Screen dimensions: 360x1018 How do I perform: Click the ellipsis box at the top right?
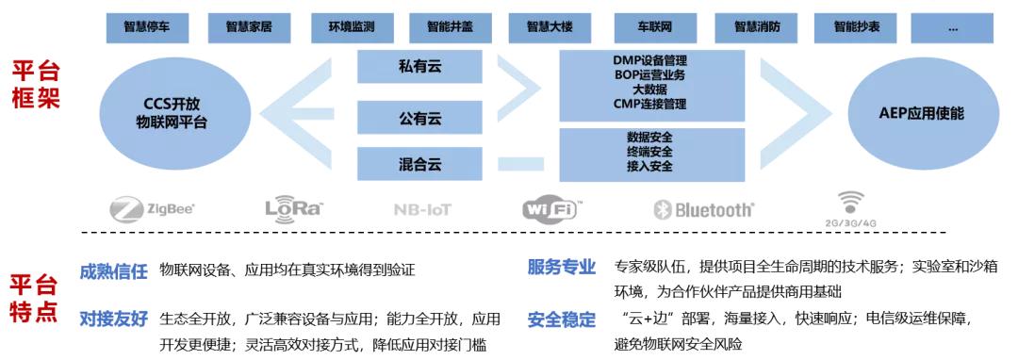[x=953, y=28]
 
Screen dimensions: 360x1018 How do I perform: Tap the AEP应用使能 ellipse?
[x=921, y=113]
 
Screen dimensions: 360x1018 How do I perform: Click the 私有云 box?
[x=419, y=67]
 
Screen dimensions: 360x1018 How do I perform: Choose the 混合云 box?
[x=419, y=164]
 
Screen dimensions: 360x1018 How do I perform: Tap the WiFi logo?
[x=552, y=208]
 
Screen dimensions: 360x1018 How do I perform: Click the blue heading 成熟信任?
[x=114, y=270]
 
